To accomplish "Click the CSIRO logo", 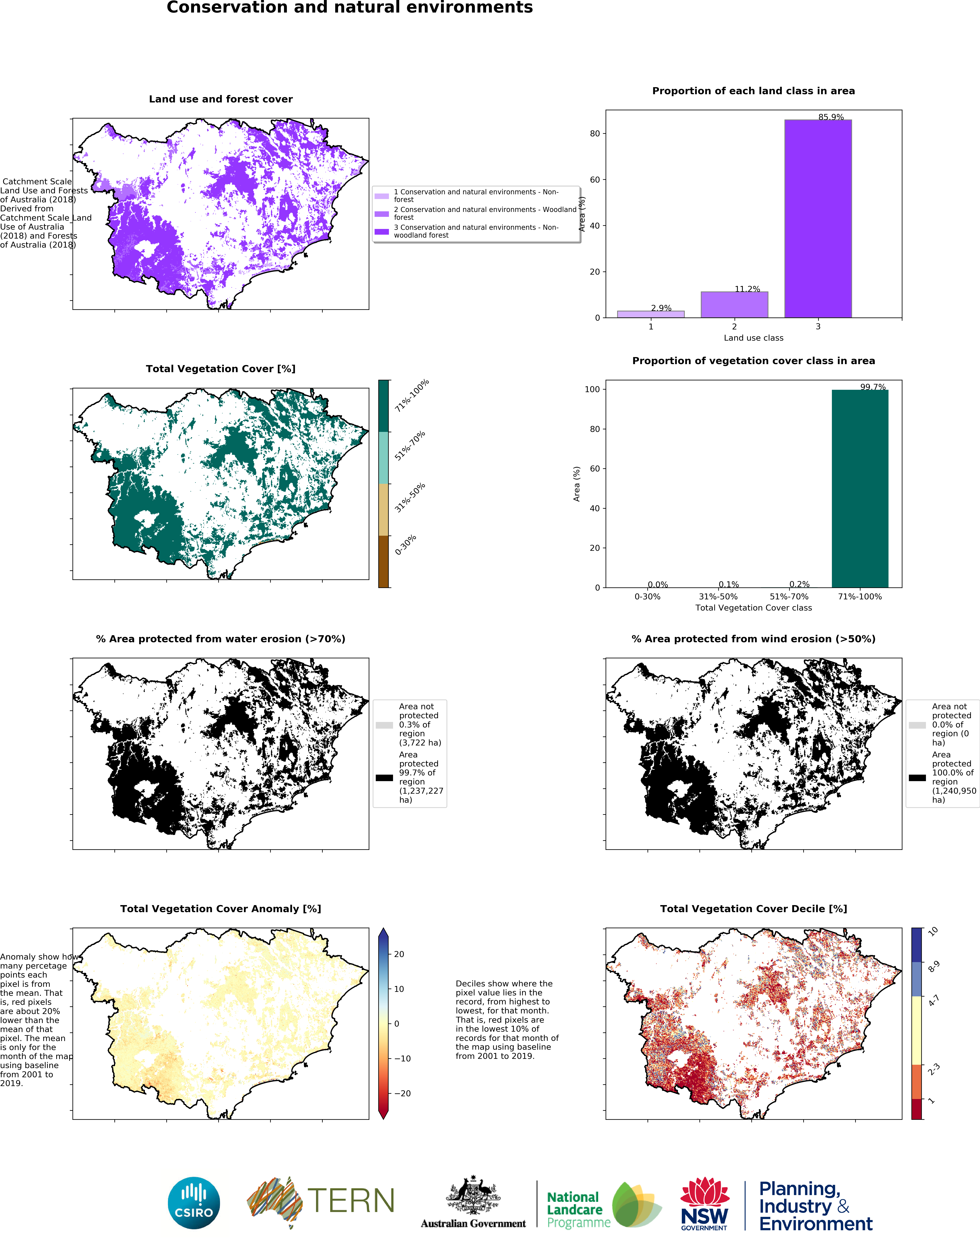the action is pos(194,1203).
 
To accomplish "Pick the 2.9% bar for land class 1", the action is pos(651,314).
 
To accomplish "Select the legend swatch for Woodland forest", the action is pos(382,214).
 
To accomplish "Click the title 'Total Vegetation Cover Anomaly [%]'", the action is pos(221,909).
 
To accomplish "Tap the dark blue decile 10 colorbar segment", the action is pos(917,945).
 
